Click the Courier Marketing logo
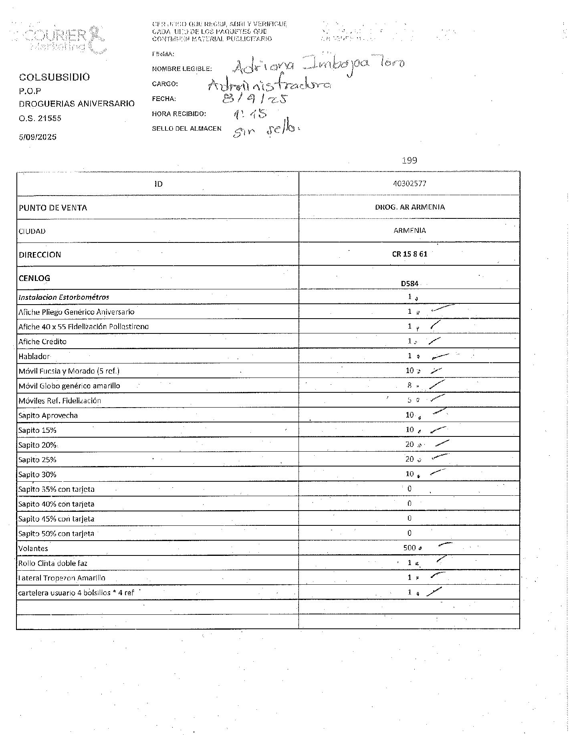[x=64, y=39]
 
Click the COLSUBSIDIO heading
[x=54, y=77]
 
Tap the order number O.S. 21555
[x=40, y=118]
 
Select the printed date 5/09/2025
[x=38, y=137]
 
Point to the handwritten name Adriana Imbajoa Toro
[x=319, y=65]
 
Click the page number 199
[x=409, y=161]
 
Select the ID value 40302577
[x=409, y=184]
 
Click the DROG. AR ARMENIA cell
[x=410, y=207]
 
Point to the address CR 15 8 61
[x=410, y=254]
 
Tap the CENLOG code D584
[x=410, y=284]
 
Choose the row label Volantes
[x=33, y=549]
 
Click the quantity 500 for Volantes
[x=410, y=548]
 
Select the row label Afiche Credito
[x=42, y=342]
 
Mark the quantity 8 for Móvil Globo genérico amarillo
[x=410, y=386]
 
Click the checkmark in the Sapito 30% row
[x=438, y=472]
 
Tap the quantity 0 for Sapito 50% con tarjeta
[x=410, y=533]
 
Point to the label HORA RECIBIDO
[x=179, y=114]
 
